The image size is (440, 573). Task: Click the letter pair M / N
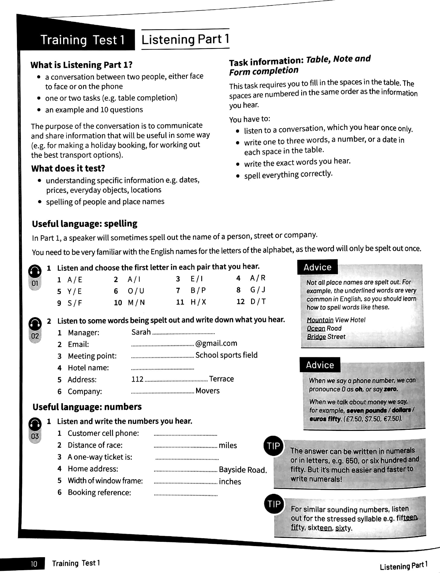pos(136,303)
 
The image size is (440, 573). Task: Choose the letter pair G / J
pos(258,290)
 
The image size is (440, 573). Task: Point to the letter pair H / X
pos(198,302)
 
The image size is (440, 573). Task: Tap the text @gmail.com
pos(216,343)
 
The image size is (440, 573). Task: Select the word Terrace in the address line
pos(221,379)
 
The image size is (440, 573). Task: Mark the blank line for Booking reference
pos(185,495)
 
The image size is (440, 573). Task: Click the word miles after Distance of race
pos(228,445)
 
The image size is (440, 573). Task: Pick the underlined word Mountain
pos(320,320)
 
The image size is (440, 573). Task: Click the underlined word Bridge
pos(316,337)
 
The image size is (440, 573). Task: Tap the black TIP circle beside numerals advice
pos(273,446)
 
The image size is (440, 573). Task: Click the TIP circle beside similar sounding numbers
pos(274,504)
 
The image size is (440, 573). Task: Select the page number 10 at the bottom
pos(34,563)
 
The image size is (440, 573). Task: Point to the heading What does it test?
pos(68,168)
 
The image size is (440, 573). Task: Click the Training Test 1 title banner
pos(82,40)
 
